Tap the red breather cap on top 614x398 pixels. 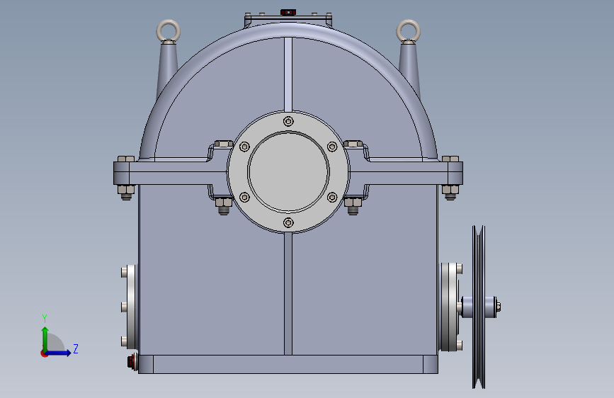(288, 12)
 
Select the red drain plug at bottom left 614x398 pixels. (132, 362)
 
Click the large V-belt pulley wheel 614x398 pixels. (479, 307)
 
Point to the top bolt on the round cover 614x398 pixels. (288, 121)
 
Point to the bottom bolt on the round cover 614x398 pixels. (288, 222)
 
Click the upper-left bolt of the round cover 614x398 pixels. (244, 147)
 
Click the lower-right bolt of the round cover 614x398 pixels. (332, 197)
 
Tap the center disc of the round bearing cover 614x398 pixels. (288, 171)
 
